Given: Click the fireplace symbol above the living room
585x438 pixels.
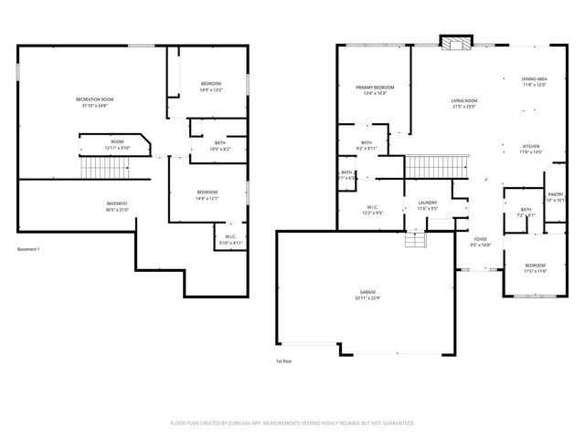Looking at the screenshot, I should pyautogui.click(x=454, y=42).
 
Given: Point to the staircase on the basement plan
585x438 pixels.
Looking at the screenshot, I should pyautogui.click(x=101, y=168).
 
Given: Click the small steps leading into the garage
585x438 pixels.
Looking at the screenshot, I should pyautogui.click(x=416, y=238).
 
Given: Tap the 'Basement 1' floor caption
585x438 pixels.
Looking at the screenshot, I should pyautogui.click(x=29, y=250).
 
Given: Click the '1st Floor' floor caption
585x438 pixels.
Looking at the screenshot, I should pyautogui.click(x=283, y=361).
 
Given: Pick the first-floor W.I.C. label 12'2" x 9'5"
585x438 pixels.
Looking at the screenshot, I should pyautogui.click(x=373, y=209).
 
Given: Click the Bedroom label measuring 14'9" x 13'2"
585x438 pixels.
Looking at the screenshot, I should pyautogui.click(x=211, y=88).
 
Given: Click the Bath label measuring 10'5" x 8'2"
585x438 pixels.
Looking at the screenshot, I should pyautogui.click(x=220, y=145).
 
